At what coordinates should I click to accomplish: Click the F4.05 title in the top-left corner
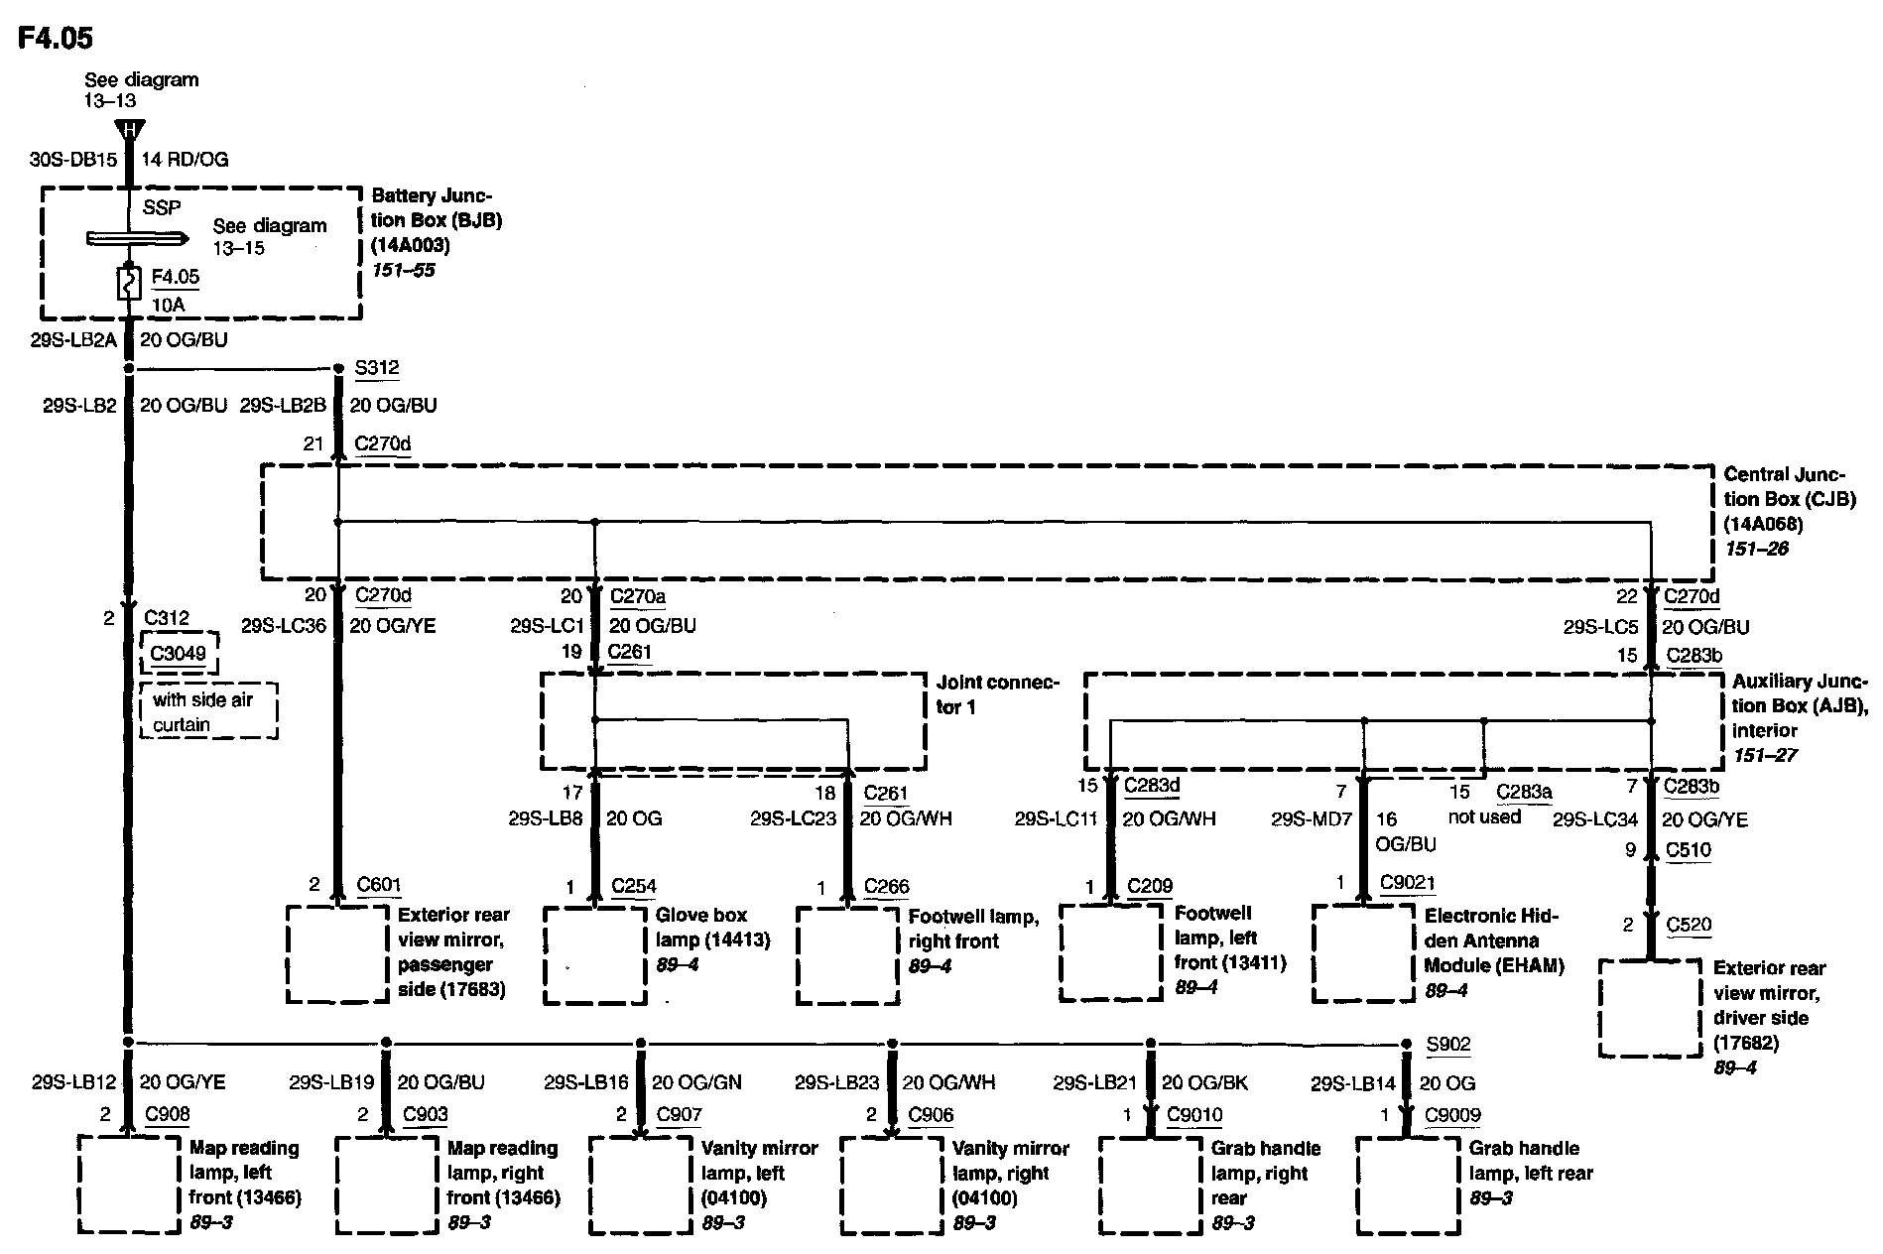pos(56,39)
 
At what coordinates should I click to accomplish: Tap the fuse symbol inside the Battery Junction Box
pos(127,285)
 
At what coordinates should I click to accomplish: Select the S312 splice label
pos(377,368)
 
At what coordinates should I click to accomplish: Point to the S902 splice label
pos(1448,1044)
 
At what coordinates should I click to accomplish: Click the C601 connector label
pos(379,885)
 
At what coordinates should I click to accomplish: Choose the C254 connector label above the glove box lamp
pos(634,886)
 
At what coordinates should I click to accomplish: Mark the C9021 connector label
pos(1408,883)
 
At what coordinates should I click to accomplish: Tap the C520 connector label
pos(1689,925)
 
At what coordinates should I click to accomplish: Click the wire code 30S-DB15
pos(73,160)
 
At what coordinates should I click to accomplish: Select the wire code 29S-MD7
pos(1312,819)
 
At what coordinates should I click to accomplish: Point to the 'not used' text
pos(1484,816)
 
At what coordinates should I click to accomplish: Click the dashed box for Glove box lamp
pos(595,954)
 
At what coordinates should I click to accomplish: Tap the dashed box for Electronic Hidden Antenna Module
pos(1363,952)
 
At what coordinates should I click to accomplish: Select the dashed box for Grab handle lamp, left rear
pos(1408,1186)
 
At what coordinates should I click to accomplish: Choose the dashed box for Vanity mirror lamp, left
pos(640,1186)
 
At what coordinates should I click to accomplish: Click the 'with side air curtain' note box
pos(208,711)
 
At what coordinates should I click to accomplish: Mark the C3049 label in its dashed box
pos(179,653)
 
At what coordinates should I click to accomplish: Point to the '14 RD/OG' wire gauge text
pos(185,160)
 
